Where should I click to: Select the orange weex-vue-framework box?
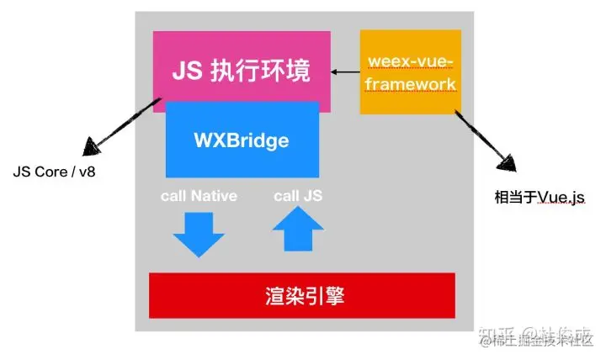(x=410, y=71)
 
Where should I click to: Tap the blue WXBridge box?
(x=242, y=140)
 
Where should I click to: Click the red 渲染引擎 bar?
(x=301, y=295)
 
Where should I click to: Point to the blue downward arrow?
(x=199, y=233)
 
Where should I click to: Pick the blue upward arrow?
(x=298, y=229)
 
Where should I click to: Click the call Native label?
(x=199, y=196)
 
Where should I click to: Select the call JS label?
(x=298, y=196)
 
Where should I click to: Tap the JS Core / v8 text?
(x=61, y=172)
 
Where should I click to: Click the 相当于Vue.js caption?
(x=539, y=199)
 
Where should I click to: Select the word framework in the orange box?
(x=410, y=84)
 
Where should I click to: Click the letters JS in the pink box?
(x=187, y=71)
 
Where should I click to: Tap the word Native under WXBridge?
(x=215, y=196)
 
